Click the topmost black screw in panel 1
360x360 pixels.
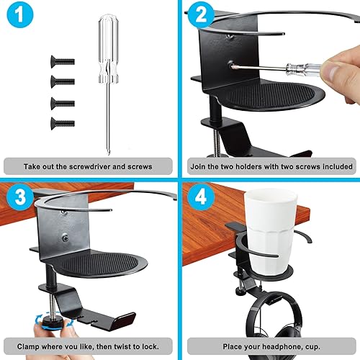coord(63,63)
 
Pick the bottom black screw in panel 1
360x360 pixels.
coord(63,123)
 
